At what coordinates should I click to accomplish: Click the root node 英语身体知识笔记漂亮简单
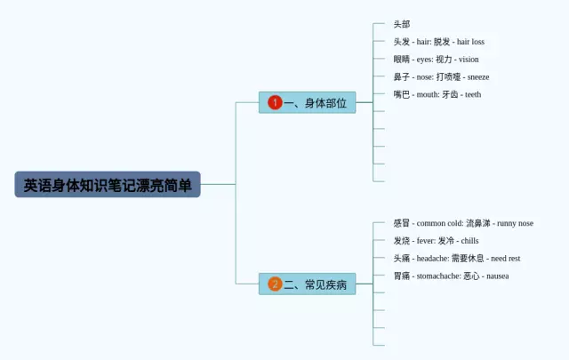108,185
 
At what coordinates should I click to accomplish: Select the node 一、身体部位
307,103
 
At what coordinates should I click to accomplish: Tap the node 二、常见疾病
307,284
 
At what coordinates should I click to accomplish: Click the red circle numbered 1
275,103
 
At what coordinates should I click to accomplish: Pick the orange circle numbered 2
275,284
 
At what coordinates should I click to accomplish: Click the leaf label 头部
402,24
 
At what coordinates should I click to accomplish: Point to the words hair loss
470,42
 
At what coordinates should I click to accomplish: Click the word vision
468,60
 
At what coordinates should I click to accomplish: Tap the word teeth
472,94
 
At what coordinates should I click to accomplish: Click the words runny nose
514,223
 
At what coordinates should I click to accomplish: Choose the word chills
469,241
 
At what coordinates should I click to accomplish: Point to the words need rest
505,259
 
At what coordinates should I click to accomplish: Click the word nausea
497,276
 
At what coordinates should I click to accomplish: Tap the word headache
432,259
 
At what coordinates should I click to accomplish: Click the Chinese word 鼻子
402,77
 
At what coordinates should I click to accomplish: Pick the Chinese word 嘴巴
402,94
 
